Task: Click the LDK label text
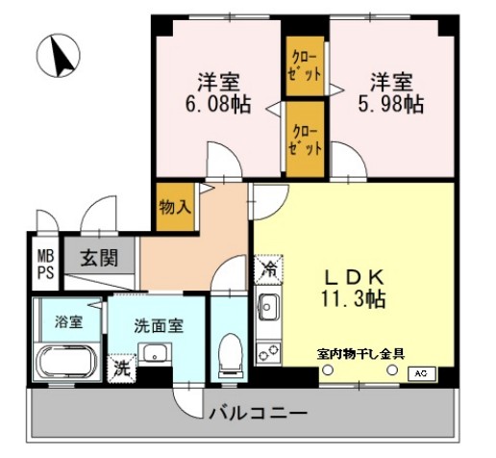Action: pyautogui.click(x=354, y=272)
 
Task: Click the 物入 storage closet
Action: pyautogui.click(x=174, y=206)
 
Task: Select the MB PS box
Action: pyautogui.click(x=45, y=263)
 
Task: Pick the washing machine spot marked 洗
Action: pyautogui.click(x=122, y=368)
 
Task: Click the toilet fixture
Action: pyautogui.click(x=230, y=353)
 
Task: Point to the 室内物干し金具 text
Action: pyautogui.click(x=360, y=353)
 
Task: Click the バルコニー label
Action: pyautogui.click(x=257, y=413)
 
